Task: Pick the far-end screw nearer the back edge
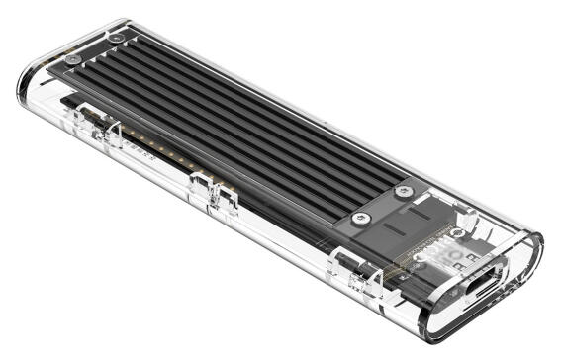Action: tap(117, 38)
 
